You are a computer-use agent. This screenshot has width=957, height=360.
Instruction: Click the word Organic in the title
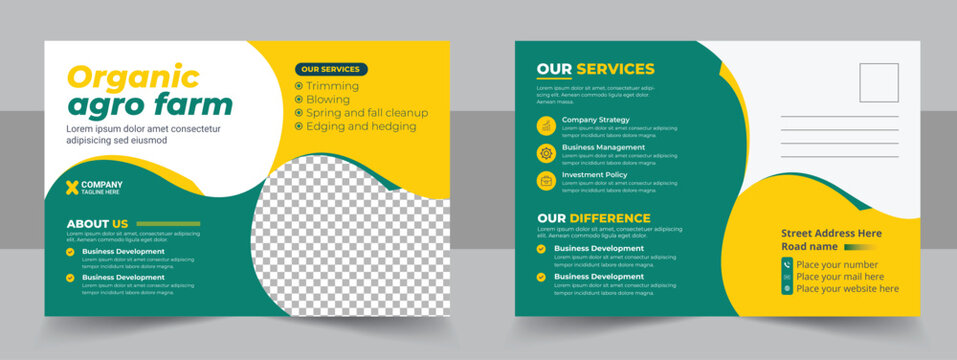pos(133,76)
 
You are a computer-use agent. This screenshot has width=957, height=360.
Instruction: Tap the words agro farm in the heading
pos(149,104)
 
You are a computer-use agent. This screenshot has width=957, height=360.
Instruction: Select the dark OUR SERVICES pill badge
pos(331,70)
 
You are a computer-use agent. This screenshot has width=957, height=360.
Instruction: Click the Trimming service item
pos(332,86)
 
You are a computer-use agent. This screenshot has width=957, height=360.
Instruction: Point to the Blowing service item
pos(329,100)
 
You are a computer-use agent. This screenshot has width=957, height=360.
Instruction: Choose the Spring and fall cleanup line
pos(366,113)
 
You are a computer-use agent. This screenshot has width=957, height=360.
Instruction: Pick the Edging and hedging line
pos(359,127)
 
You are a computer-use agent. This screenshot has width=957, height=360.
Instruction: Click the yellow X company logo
pos(72,187)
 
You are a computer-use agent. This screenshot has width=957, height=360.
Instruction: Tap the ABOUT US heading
pos(97,224)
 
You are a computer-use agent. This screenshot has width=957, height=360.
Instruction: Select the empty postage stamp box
pos(878,83)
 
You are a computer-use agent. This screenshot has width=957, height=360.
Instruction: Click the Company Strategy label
pos(596,120)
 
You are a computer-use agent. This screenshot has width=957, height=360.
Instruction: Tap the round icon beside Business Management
pos(546,153)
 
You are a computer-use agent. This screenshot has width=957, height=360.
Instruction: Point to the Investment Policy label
pos(595,175)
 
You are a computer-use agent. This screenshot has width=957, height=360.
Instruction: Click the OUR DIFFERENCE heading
pos(594,218)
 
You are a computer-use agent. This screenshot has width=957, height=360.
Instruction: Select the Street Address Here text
pos(831,233)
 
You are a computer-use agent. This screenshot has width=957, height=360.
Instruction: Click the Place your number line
pos(837,264)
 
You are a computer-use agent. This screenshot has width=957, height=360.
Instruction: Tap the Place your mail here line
pos(840,276)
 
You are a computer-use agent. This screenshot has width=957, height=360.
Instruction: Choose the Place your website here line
pos(847,288)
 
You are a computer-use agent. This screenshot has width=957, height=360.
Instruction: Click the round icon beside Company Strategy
pos(546,125)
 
